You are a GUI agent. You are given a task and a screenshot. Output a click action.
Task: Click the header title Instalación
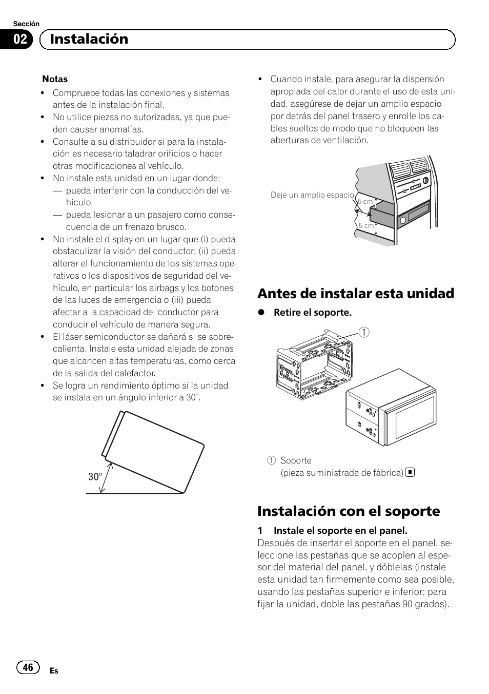click(89, 39)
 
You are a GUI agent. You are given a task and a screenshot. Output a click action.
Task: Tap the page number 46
click(28, 667)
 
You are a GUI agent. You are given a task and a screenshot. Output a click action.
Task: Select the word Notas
click(55, 79)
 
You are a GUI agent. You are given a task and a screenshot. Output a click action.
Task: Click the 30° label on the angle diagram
click(95, 477)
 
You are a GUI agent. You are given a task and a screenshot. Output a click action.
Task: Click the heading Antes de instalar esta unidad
click(356, 293)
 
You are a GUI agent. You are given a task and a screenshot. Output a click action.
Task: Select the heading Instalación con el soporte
click(349, 511)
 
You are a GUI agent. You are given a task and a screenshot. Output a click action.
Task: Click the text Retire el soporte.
click(312, 313)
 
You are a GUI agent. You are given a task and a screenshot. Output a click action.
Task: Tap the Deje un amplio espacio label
click(312, 195)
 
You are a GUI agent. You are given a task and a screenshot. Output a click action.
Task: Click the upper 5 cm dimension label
click(365, 202)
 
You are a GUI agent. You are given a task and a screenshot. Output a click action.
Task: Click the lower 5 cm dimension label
click(366, 225)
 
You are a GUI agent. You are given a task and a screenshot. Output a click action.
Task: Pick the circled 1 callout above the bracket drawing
click(363, 333)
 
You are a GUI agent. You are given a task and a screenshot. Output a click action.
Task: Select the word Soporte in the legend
click(296, 460)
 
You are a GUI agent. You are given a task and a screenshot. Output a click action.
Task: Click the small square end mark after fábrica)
click(410, 472)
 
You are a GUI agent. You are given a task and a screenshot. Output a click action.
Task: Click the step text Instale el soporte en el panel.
click(340, 530)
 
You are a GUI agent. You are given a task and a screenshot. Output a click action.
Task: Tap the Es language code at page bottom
click(54, 671)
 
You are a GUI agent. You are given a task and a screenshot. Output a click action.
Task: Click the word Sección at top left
click(26, 24)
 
